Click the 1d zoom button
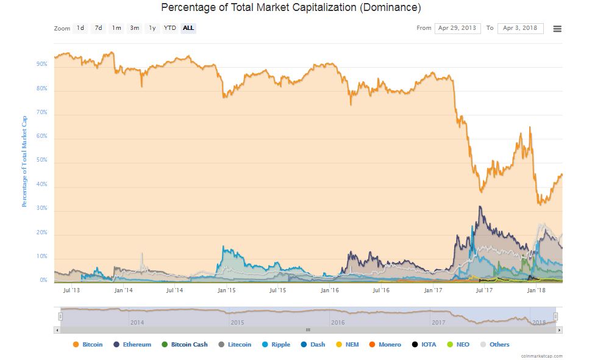80,28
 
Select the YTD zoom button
169,28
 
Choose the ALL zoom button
188,28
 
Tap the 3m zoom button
134,28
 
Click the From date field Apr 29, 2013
457,28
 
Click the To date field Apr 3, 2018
520,28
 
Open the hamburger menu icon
557,29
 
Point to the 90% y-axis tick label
42,64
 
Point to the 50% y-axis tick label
42,161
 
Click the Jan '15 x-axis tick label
226,290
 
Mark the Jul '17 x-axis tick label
483,290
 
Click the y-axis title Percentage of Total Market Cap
25,160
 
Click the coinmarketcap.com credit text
541,356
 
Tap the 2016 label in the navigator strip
337,322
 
